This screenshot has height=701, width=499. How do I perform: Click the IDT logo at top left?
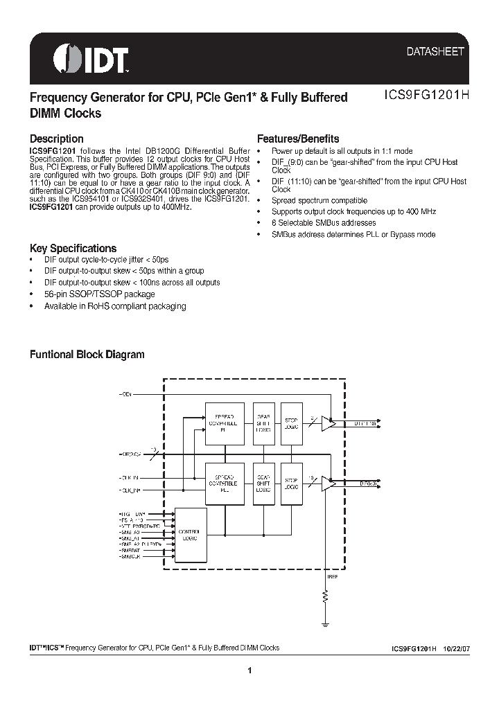tap(91, 60)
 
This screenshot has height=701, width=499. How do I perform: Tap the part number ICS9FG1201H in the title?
tap(426, 98)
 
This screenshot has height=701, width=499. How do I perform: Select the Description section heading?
tap(56, 139)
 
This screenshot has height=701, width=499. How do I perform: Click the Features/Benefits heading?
tap(298, 139)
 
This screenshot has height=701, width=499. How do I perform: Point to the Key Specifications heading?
tap(73, 248)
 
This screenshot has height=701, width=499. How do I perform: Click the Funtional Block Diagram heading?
tap(87, 354)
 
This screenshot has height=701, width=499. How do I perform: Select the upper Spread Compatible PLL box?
tap(224, 423)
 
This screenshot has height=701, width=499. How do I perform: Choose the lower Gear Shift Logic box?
tap(263, 483)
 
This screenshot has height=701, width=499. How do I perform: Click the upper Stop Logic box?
tap(291, 423)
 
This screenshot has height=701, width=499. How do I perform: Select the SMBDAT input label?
tap(130, 551)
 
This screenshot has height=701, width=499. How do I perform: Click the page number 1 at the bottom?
tap(249, 670)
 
